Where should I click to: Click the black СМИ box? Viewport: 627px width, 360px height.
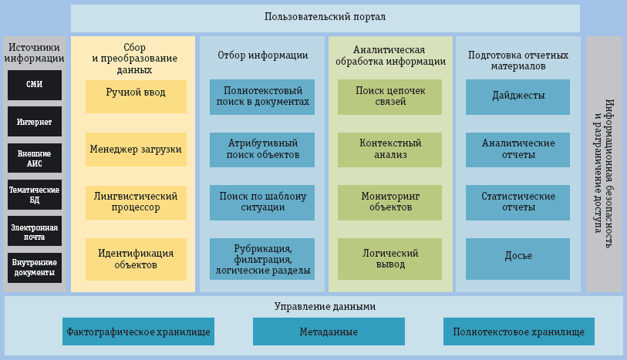click(35, 85)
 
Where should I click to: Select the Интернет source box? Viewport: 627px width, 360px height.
click(35, 121)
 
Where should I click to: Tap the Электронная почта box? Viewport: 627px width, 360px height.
click(35, 230)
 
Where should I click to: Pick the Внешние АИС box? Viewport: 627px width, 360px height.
click(35, 158)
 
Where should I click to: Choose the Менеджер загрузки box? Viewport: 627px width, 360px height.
click(136, 150)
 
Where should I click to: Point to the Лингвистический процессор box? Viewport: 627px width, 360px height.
click(136, 202)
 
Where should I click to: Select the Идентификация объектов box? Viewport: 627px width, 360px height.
click(136, 259)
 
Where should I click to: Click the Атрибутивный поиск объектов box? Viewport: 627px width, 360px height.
click(262, 150)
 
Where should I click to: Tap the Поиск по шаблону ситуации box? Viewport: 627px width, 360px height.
click(262, 202)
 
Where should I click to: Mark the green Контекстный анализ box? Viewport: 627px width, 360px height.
click(390, 150)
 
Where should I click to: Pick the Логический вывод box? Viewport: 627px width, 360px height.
click(390, 259)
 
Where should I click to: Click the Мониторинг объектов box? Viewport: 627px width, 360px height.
click(390, 202)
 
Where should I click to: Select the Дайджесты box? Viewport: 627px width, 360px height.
click(518, 96)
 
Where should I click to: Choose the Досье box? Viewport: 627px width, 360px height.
click(518, 256)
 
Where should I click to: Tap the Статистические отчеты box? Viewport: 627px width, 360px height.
click(518, 202)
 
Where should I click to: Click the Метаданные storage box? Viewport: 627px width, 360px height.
click(329, 332)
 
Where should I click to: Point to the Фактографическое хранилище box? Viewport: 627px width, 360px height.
click(139, 332)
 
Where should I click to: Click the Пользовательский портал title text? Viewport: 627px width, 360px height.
click(325, 17)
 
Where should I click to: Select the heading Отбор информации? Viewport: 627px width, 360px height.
click(263, 56)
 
